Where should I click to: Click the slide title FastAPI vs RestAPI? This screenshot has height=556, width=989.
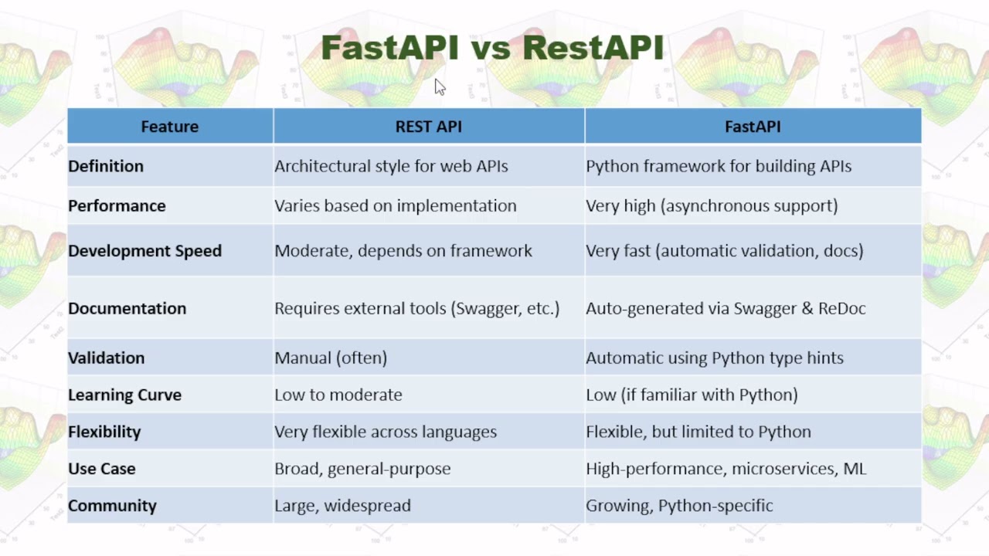pos(493,48)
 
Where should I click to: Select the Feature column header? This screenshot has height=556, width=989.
pos(169,127)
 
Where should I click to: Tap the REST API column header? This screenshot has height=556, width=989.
pos(428,127)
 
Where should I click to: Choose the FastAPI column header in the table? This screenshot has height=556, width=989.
pos(752,127)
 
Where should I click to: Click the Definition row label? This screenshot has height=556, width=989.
pos(106,166)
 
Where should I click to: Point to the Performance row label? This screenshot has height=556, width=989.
pos(117,206)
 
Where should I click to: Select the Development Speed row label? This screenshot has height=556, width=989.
pos(144,251)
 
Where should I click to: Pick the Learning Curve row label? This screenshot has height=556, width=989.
pos(124,395)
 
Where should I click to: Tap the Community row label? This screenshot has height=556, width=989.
pos(112,506)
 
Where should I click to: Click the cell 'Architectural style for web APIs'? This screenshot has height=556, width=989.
pos(391,166)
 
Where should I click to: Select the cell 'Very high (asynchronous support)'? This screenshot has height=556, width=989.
pos(711,206)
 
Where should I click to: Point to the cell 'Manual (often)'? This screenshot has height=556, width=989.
pos(331,358)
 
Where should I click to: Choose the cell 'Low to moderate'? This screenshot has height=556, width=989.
pos(338,395)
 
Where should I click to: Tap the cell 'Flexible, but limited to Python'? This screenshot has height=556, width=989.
pos(698,432)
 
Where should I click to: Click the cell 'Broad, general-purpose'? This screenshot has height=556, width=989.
pos(362,469)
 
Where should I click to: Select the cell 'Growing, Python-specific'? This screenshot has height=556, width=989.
pos(678,506)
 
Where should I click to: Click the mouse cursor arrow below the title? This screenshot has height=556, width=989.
pos(440,87)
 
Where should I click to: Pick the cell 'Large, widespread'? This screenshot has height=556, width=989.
pos(342,506)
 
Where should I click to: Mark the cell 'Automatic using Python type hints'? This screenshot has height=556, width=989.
pos(714,358)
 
